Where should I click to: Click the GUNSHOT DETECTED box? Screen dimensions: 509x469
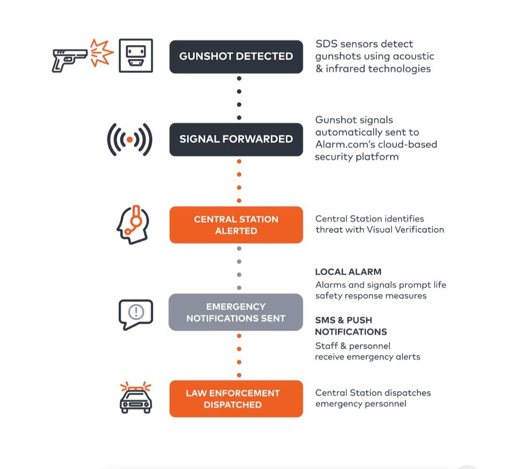click(x=236, y=57)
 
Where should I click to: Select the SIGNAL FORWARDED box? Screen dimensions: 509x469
click(x=236, y=139)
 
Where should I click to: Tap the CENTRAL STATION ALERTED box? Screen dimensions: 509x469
click(x=236, y=224)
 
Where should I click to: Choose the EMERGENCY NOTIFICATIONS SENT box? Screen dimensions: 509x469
click(x=236, y=312)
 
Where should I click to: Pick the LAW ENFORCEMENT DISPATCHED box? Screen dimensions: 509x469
click(x=236, y=399)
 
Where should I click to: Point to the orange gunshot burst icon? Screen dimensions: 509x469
click(x=101, y=53)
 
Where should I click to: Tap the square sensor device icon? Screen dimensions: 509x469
click(x=136, y=56)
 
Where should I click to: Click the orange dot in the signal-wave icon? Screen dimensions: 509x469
click(x=130, y=140)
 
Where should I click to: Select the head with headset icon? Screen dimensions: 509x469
click(x=133, y=224)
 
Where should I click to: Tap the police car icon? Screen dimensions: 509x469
click(x=136, y=398)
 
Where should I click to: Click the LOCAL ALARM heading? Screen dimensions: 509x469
click(x=348, y=272)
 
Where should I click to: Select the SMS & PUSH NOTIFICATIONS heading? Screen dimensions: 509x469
click(x=351, y=326)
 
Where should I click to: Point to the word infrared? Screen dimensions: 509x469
click(x=345, y=68)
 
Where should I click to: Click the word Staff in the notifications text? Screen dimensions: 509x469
click(x=327, y=346)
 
